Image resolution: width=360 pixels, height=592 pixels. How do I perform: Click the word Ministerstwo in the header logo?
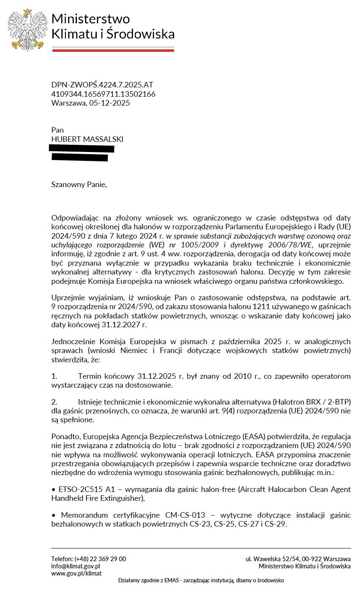point(90,19)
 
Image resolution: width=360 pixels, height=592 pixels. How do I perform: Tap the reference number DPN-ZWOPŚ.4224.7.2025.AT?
point(102,85)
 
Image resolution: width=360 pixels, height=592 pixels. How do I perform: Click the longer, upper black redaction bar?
point(82,149)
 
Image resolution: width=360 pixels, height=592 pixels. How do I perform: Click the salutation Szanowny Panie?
point(79,185)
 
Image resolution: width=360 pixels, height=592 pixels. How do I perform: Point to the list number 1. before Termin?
point(54,377)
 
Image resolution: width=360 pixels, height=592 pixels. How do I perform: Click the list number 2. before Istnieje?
point(54,401)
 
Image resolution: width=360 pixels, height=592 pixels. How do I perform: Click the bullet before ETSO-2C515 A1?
point(53,489)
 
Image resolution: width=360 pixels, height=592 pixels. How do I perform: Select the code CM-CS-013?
point(185,515)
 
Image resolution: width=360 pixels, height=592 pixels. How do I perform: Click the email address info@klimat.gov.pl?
point(76,566)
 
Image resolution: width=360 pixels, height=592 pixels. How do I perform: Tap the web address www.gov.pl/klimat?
point(76,573)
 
